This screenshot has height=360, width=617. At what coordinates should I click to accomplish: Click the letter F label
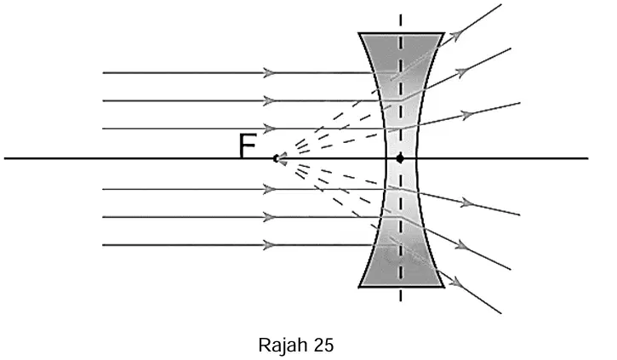[x=248, y=146]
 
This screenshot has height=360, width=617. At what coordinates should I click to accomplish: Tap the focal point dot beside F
[x=276, y=158]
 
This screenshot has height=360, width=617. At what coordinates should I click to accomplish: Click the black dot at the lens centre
[x=400, y=158]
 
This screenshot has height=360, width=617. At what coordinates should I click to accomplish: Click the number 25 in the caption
[x=324, y=345]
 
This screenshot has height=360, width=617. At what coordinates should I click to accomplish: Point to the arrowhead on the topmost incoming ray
[x=269, y=73]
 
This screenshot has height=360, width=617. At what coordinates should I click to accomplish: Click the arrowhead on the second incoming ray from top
[x=269, y=100]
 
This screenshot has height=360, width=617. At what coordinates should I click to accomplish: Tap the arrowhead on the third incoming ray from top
[x=269, y=129]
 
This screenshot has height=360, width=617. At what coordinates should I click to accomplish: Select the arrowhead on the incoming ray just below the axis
[x=269, y=189]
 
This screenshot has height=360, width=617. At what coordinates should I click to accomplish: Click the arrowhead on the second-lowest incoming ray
[x=269, y=217]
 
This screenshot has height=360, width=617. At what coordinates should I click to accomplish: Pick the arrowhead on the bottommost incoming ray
[x=269, y=245]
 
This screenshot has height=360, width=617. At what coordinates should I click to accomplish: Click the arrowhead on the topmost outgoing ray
[x=455, y=35]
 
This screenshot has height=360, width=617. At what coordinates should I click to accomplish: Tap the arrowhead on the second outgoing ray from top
[x=462, y=72]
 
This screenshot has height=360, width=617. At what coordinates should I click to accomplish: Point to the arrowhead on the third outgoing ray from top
[x=466, y=115]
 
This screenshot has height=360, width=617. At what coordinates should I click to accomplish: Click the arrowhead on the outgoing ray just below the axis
[x=466, y=203]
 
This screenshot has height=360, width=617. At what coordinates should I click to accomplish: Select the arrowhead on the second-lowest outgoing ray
[x=462, y=246]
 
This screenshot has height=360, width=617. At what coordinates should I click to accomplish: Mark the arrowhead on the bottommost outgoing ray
[x=455, y=282]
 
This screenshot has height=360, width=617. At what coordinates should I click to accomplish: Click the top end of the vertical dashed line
[x=401, y=15]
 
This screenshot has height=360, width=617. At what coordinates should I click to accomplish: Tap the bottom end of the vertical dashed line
[x=401, y=301]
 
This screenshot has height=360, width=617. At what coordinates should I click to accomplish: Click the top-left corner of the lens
[x=359, y=33]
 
